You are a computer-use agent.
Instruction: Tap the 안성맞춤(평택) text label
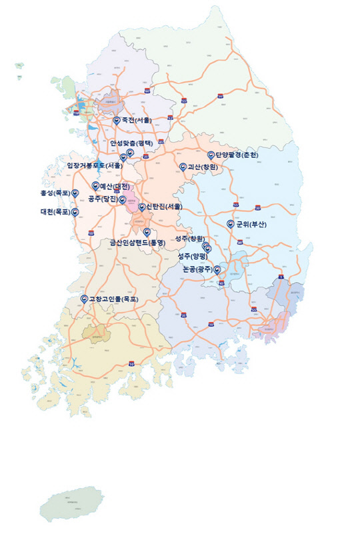(x=131, y=143)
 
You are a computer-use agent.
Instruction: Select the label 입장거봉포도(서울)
(x=94, y=165)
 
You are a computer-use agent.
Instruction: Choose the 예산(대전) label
(x=115, y=185)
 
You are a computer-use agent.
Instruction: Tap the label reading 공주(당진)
(x=103, y=199)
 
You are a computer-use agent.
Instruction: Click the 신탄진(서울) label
(x=164, y=207)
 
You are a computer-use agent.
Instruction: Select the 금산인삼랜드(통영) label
(x=137, y=243)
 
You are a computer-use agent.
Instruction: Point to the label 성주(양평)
(x=193, y=256)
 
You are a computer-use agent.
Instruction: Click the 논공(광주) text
(x=197, y=269)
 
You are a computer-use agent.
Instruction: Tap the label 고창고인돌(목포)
(x=113, y=299)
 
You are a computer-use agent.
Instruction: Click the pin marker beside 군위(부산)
(x=231, y=223)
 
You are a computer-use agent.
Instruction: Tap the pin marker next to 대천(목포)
(x=75, y=212)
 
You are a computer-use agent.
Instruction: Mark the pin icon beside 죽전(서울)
(x=117, y=120)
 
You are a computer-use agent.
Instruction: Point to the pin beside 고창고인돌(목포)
(x=83, y=299)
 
